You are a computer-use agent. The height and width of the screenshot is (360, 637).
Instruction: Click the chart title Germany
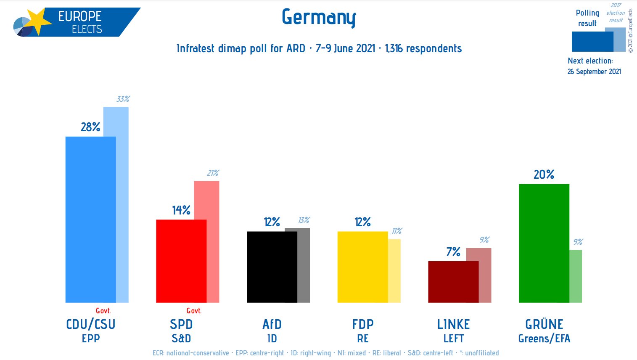point(319,17)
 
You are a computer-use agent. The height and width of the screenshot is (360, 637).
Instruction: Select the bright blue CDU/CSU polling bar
point(90,219)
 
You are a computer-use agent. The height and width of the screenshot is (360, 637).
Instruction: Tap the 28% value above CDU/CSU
point(90,127)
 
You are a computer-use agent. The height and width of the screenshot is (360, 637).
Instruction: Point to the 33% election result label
point(123,99)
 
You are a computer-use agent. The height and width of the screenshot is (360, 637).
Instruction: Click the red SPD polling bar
point(181,261)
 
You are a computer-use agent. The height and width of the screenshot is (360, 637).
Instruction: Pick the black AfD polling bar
point(272,267)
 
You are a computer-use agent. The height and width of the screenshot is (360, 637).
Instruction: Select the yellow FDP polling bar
point(362,267)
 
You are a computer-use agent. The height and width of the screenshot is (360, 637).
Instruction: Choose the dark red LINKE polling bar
point(453,282)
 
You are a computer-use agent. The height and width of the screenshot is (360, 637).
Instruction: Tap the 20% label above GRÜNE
point(544,175)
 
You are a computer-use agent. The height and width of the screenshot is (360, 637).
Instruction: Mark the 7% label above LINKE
point(453,252)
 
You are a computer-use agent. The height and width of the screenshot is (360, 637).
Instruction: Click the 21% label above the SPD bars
point(213,173)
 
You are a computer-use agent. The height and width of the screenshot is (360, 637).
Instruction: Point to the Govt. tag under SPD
point(194,311)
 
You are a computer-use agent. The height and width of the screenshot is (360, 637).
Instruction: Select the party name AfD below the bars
point(272,324)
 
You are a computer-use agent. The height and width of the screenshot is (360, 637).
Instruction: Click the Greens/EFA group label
point(544,339)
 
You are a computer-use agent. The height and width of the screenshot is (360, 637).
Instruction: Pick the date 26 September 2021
point(594,71)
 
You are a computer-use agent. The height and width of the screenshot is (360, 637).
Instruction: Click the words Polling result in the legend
point(587,18)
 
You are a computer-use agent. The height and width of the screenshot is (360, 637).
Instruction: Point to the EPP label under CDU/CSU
point(91,339)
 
